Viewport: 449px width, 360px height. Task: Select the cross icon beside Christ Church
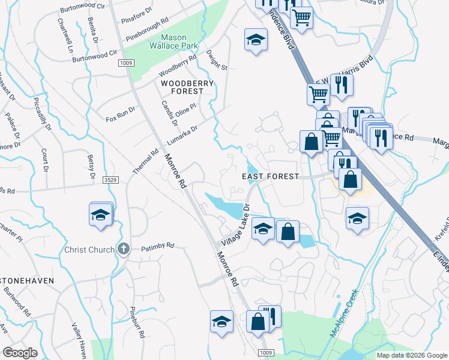pos(123,248)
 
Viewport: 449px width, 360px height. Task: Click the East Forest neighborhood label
pos(270,176)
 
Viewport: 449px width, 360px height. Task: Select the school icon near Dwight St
pos(256,41)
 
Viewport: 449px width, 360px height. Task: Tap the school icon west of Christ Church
pos(101,215)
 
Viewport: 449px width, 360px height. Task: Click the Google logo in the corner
pos(20,353)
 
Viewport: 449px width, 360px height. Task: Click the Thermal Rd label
pos(145,163)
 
